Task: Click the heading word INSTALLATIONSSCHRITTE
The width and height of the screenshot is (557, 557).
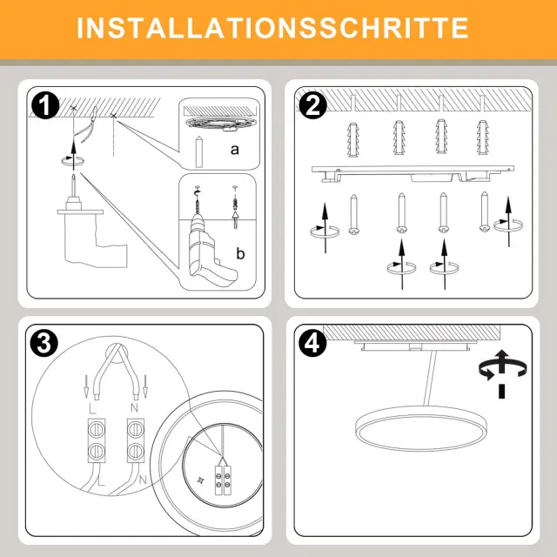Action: click(272, 28)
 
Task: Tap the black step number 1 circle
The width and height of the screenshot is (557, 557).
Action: click(45, 104)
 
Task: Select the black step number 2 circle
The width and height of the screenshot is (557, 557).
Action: click(312, 104)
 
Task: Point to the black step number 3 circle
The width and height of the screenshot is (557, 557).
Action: click(44, 343)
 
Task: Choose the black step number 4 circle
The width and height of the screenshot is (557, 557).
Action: click(312, 343)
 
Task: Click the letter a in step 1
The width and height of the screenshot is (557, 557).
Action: click(234, 150)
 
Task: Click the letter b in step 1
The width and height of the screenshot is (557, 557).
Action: click(240, 253)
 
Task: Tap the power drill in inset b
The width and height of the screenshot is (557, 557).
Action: click(210, 249)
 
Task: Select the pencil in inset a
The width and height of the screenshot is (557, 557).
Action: click(199, 151)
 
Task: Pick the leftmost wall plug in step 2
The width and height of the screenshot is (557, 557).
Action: click(352, 139)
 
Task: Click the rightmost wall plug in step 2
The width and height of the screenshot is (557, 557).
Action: click(482, 138)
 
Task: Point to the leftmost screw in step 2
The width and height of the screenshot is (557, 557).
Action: click(353, 214)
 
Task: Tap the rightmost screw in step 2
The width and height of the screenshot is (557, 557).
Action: click(485, 212)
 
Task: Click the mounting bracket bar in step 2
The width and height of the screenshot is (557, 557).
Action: click(413, 174)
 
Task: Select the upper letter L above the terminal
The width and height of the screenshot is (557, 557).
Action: click(92, 409)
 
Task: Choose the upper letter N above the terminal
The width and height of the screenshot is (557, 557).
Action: click(134, 407)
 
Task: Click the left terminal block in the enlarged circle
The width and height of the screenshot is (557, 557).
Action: click(97, 440)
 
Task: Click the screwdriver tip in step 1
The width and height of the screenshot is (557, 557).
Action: click(73, 177)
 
